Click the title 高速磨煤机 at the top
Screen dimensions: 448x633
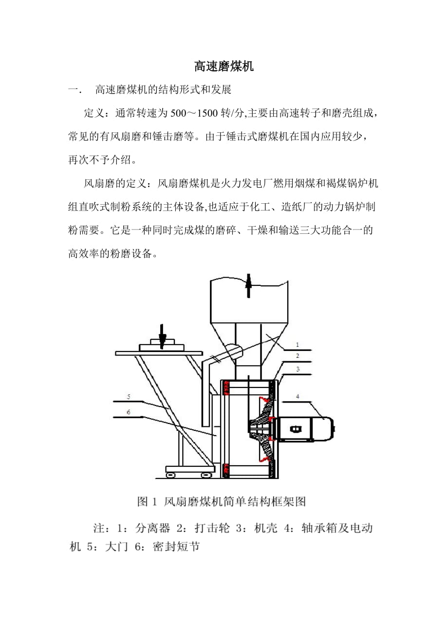pyautogui.click(x=224, y=67)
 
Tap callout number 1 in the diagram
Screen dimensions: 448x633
pyautogui.click(x=297, y=345)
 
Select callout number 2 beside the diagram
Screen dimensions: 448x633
pyautogui.click(x=297, y=356)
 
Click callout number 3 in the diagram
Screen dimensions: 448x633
pyautogui.click(x=298, y=369)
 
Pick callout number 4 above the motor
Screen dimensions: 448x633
pyautogui.click(x=298, y=396)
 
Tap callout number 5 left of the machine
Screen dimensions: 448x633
pyautogui.click(x=129, y=397)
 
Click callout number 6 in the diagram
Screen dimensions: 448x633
pyautogui.click(x=129, y=412)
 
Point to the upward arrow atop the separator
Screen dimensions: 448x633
pyautogui.click(x=248, y=285)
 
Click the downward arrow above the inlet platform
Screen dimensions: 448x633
pyautogui.click(x=162, y=336)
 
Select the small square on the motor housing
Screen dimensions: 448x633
pyautogui.click(x=296, y=429)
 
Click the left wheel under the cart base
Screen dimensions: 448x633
pyautogui.click(x=170, y=475)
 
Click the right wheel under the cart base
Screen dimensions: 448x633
pyautogui.click(x=206, y=475)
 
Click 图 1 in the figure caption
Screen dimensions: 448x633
pyautogui.click(x=147, y=501)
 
